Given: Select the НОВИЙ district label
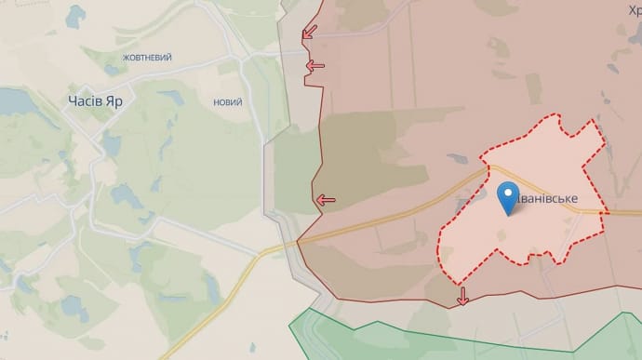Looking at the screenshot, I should [x=226, y=103].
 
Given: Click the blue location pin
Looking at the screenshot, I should [x=509, y=198].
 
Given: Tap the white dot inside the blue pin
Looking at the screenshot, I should [x=509, y=193].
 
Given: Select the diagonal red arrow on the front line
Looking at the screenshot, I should [x=308, y=33].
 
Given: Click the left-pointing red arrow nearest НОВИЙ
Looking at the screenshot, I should [x=315, y=65].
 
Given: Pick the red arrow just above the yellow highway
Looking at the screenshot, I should [x=325, y=199].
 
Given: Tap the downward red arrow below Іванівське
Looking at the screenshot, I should [x=462, y=297].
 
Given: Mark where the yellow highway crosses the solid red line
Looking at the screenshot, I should [x=298, y=243].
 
